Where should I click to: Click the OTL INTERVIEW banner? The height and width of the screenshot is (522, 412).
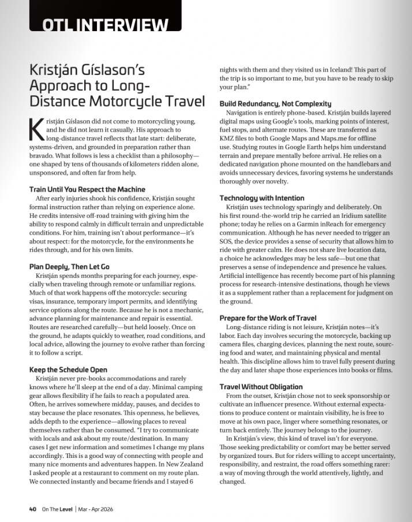point(105,24)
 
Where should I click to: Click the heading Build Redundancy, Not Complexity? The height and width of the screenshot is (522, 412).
point(275,103)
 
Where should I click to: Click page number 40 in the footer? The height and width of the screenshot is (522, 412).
point(33,509)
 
